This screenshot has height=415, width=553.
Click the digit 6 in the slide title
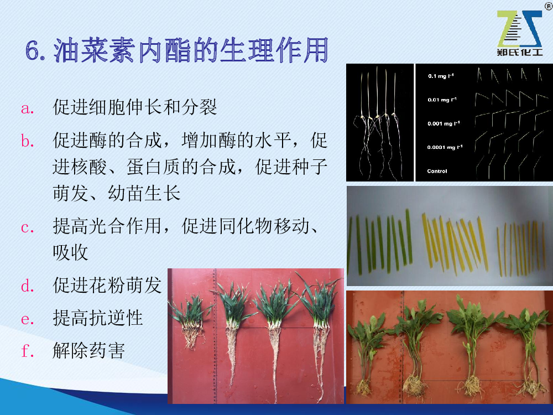click(x=33, y=51)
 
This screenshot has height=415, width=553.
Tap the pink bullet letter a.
click(x=27, y=108)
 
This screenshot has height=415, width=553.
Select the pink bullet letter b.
click(x=28, y=141)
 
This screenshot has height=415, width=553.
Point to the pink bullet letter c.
click(x=27, y=227)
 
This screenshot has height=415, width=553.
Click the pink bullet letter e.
click(x=27, y=319)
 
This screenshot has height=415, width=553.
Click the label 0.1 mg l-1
click(x=441, y=76)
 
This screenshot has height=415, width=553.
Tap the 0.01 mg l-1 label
click(x=442, y=100)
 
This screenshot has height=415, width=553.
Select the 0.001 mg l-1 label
click(x=444, y=123)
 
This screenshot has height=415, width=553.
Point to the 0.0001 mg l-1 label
click(x=445, y=147)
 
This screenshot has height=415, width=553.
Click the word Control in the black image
click(x=437, y=171)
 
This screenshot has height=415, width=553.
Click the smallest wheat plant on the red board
click(x=190, y=321)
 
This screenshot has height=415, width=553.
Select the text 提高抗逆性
click(x=98, y=318)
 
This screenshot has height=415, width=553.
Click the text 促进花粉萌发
click(x=107, y=285)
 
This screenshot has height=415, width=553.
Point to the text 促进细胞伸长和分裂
click(x=135, y=107)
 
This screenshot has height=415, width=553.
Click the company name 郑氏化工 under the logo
click(x=519, y=52)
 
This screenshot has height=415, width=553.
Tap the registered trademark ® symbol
click(x=549, y=6)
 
